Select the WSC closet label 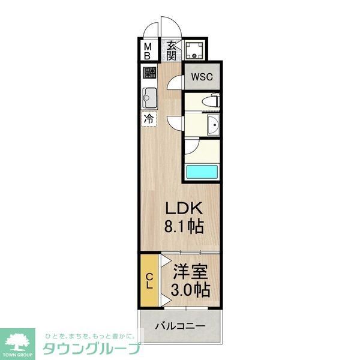click(x=201, y=77)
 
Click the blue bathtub click(x=202, y=171)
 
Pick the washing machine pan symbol click(x=194, y=50)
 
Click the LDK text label click(x=186, y=209)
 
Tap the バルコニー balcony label click(x=180, y=327)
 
